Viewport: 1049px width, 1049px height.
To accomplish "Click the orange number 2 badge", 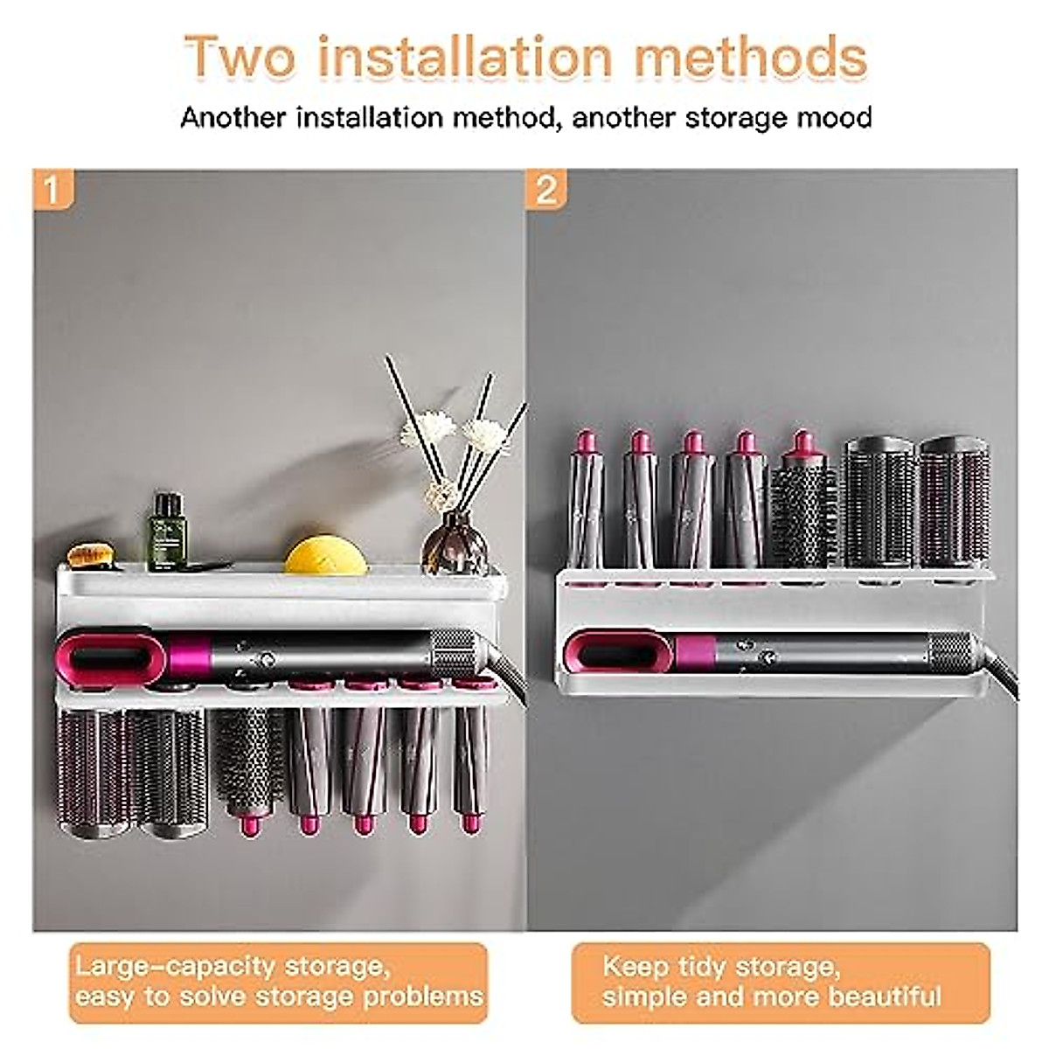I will click(x=546, y=189).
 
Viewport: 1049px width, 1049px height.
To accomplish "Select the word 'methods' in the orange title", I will click(x=750, y=57).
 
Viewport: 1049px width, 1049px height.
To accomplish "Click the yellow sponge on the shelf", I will click(x=325, y=554).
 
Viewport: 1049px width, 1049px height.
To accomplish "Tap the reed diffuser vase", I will click(x=454, y=544).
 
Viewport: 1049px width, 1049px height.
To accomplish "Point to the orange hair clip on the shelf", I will click(x=91, y=555).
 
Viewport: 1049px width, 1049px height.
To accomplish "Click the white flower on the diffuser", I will click(x=428, y=428).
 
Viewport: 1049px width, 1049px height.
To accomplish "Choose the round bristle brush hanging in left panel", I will click(x=248, y=761).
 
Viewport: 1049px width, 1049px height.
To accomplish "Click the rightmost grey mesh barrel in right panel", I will click(x=954, y=503).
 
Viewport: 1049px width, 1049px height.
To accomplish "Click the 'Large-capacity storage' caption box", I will click(x=278, y=982).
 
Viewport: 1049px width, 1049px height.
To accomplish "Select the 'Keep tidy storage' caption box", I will click(x=781, y=982).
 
